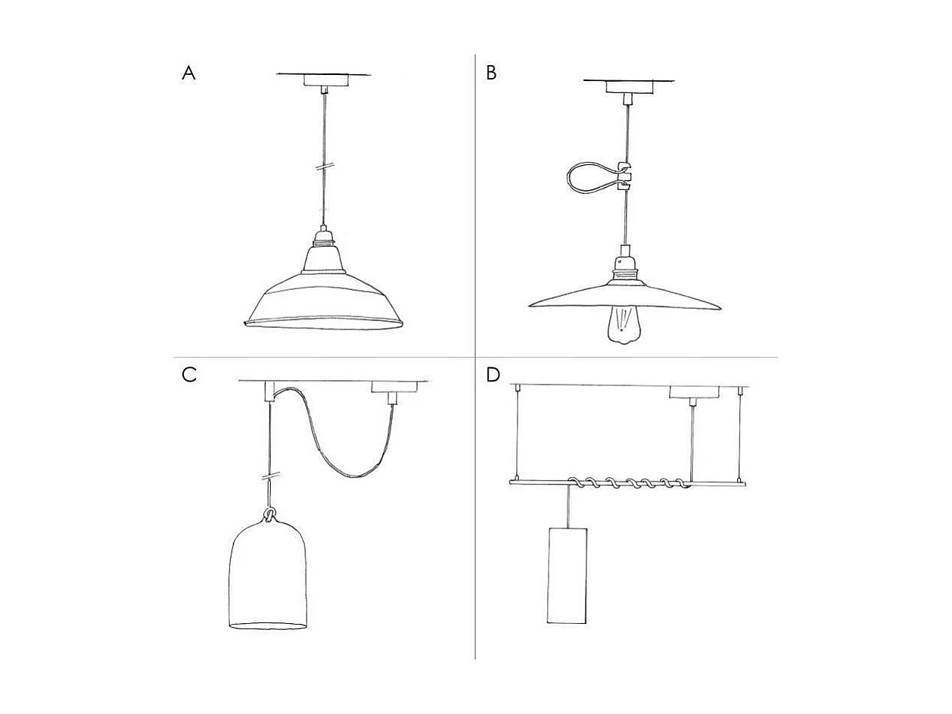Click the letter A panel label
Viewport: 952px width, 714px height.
point(188,73)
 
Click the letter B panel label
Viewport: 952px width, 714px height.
point(491,73)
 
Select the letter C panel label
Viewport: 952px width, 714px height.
point(189,374)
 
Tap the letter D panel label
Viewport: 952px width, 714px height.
point(493,375)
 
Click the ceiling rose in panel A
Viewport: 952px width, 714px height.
point(325,81)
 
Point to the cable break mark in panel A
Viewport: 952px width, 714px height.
point(325,167)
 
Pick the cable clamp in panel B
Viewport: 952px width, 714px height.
point(625,176)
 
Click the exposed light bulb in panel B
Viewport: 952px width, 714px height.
point(624,326)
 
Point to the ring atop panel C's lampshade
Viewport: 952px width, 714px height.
point(269,515)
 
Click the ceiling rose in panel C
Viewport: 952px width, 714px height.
point(394,388)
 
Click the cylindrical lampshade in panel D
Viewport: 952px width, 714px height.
point(568,576)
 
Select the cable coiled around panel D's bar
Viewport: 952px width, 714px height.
point(629,483)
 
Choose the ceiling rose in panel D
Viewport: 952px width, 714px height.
point(695,392)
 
